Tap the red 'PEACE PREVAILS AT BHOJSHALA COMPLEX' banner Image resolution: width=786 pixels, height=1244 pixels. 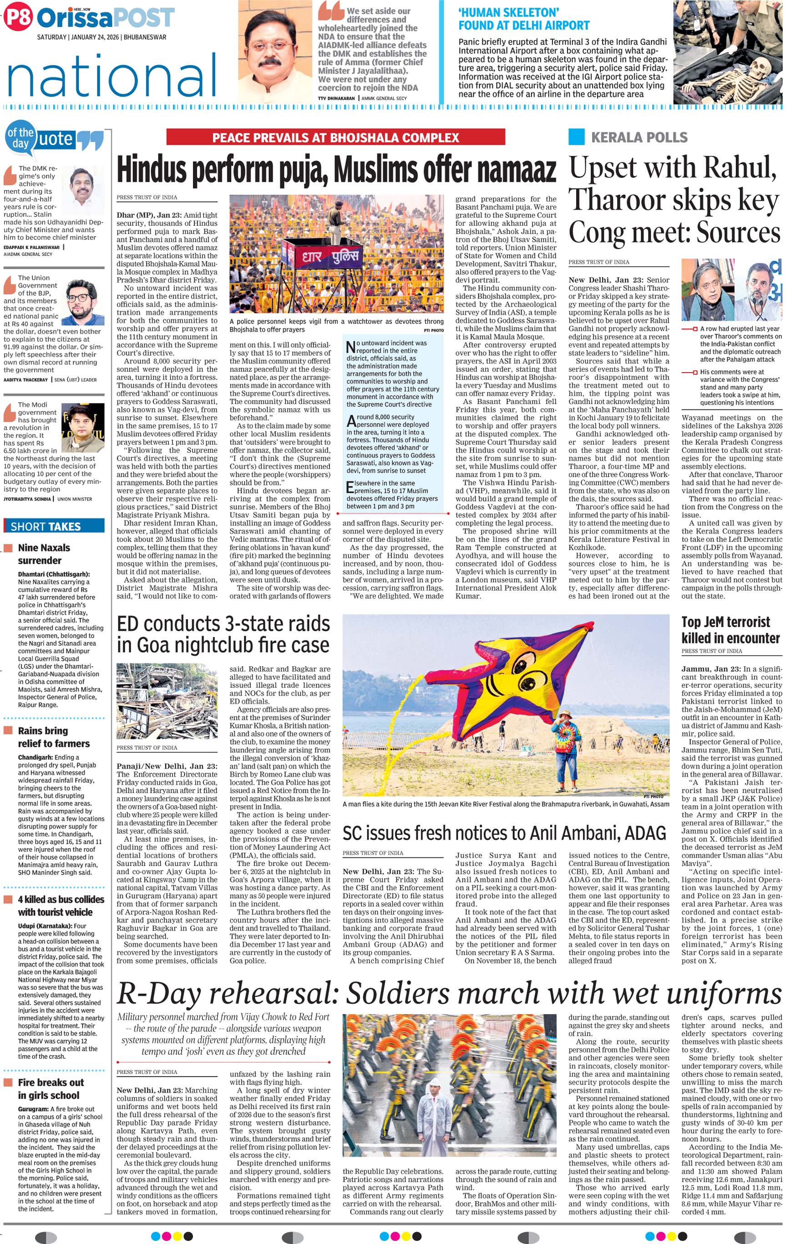335,137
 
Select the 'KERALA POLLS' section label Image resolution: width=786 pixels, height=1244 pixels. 639,137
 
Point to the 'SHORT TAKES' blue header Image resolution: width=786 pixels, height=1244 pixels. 46,526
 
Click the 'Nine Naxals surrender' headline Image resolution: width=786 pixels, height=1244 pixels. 44,554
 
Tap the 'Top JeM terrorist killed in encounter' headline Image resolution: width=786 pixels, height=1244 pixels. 730,629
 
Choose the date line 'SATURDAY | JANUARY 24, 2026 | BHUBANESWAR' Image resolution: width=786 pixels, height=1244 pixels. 102,37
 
